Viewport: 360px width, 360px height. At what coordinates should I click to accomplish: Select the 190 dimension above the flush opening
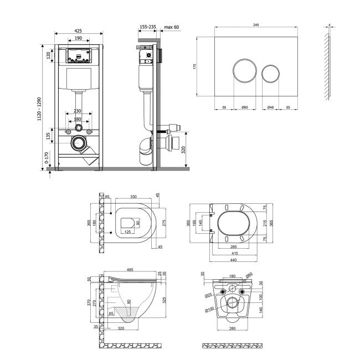[x=78, y=39]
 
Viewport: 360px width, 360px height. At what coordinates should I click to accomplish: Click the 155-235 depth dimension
[x=147, y=26]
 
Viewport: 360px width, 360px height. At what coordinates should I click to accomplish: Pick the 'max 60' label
[x=172, y=26]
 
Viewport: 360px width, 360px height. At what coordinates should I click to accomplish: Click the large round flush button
[x=244, y=73]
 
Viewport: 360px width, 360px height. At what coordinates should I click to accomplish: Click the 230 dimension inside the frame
[x=78, y=111]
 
